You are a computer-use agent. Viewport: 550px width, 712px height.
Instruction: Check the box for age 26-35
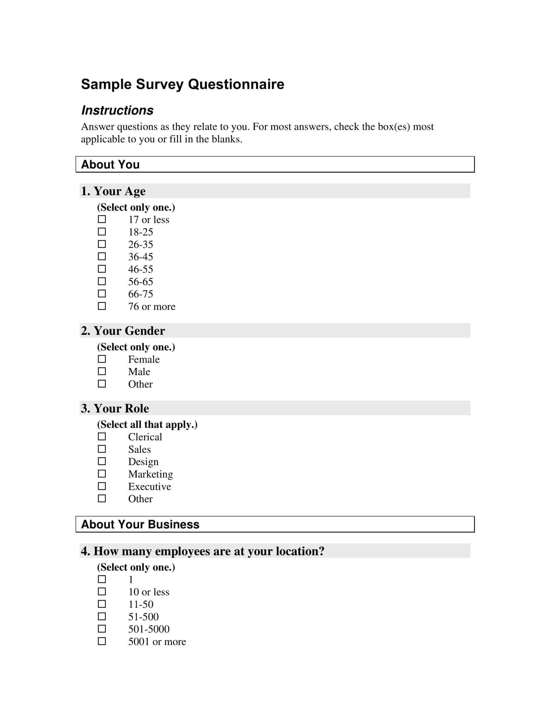tap(102, 244)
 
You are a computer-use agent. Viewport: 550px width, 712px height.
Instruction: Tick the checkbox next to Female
tap(102, 359)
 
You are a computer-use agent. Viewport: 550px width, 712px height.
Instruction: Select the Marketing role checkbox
tap(102, 474)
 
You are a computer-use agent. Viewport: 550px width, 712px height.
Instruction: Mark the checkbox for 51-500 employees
tap(102, 617)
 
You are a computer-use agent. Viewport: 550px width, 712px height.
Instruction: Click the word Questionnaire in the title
tap(236, 84)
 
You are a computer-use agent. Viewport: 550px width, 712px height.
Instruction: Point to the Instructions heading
tap(117, 110)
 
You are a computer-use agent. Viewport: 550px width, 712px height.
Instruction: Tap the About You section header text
tap(110, 164)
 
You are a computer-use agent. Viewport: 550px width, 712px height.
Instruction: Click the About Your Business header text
tap(140, 524)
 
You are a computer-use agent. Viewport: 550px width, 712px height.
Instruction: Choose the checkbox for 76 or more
tap(102, 306)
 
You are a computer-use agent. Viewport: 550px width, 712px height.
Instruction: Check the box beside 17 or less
tap(102, 219)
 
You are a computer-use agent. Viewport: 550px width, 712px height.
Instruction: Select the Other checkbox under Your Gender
tap(102, 384)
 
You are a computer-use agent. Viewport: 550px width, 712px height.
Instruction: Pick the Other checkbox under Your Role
tap(102, 498)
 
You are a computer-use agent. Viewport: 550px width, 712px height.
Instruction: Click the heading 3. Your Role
tap(115, 408)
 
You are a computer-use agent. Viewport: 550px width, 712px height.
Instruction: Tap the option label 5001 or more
tap(157, 641)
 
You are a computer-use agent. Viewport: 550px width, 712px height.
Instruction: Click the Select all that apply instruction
tap(147, 425)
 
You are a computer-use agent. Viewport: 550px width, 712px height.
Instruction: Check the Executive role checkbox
tap(102, 486)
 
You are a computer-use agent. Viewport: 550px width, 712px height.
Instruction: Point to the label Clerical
tap(145, 437)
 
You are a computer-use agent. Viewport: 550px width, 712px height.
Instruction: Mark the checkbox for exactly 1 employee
tap(102, 579)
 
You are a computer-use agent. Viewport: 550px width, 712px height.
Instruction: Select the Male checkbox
tap(102, 371)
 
